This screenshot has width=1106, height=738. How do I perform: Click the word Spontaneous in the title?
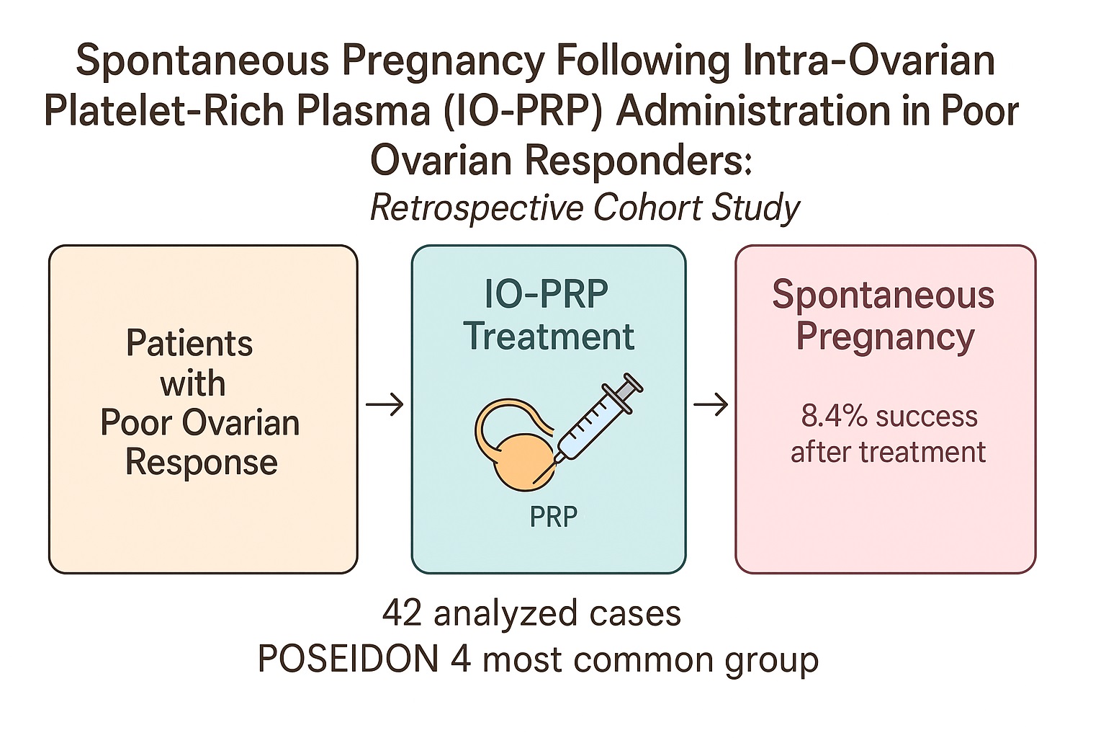(202, 62)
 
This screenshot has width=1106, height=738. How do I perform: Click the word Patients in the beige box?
(189, 343)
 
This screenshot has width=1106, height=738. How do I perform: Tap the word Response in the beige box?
(202, 463)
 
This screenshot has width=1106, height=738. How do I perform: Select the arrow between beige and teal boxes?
(385, 405)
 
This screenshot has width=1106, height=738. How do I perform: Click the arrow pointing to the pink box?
(711, 404)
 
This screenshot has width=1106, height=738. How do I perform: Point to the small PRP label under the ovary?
(553, 517)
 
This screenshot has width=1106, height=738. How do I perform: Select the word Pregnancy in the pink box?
(885, 337)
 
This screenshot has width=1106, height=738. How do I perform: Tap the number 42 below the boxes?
(402, 613)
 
